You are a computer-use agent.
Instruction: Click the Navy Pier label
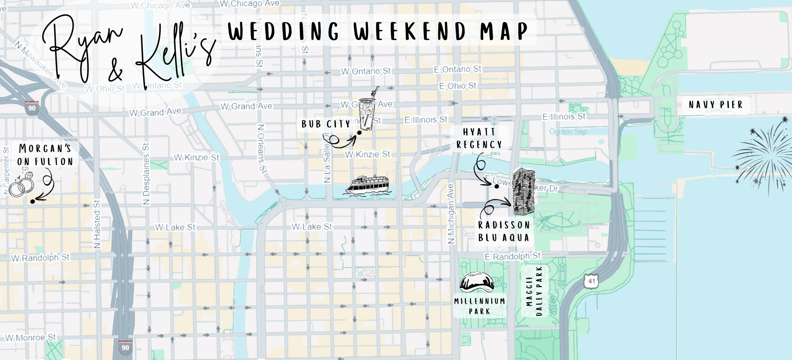click(x=716, y=105)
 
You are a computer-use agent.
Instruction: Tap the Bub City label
click(x=326, y=124)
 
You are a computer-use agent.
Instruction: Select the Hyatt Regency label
click(x=479, y=138)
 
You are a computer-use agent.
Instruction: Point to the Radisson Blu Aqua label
click(x=504, y=231)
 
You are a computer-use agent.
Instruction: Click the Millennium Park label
click(x=480, y=306)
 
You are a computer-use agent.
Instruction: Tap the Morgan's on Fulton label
click(x=45, y=155)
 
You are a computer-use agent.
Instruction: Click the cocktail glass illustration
click(x=367, y=110)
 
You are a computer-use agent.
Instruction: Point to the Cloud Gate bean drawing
click(x=477, y=282)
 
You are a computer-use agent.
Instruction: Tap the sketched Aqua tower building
click(x=524, y=192)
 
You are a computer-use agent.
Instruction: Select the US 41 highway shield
click(x=591, y=281)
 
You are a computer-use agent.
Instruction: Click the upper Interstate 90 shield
click(x=32, y=108)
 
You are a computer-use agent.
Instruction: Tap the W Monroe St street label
click(x=30, y=338)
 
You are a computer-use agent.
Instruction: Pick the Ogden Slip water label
click(x=568, y=131)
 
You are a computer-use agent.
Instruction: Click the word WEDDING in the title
click(x=284, y=31)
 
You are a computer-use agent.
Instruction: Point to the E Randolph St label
click(x=512, y=256)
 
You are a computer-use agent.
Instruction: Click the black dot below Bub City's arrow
click(x=359, y=133)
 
